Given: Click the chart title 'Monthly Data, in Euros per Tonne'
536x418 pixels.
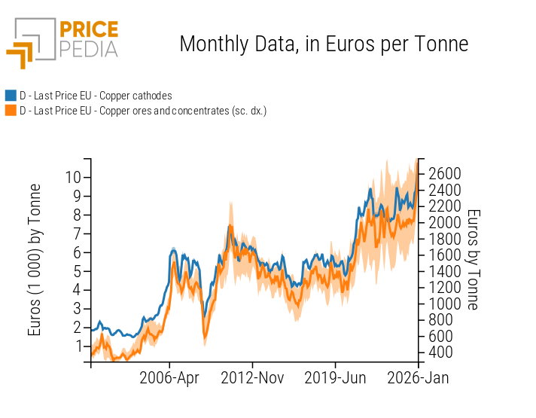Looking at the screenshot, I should click(324, 44).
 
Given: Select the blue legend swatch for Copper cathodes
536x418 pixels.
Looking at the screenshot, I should click(11, 96).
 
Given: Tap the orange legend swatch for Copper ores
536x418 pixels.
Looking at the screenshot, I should click(11, 111).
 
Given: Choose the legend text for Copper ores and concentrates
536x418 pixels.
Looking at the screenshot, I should click(143, 111).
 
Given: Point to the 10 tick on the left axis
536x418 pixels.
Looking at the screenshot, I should click(72, 177).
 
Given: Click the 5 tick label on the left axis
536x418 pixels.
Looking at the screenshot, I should click(77, 271).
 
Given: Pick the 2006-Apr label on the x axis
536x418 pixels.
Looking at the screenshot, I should click(169, 378).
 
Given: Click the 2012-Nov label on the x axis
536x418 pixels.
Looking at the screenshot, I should click(252, 378).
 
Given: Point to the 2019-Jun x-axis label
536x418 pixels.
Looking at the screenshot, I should click(335, 378).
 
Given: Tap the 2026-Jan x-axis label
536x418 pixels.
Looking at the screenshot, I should click(419, 378).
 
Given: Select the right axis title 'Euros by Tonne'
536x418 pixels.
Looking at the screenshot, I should click(472, 260).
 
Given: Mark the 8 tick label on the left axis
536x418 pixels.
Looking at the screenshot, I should click(77, 215).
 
